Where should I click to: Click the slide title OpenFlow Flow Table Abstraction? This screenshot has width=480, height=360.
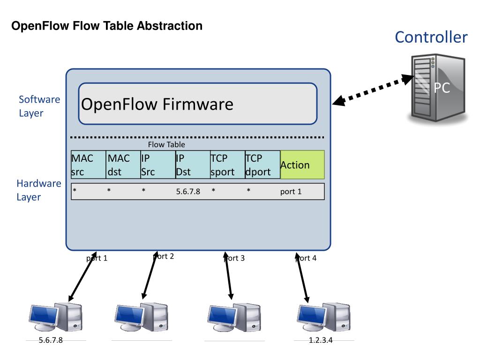[107, 26]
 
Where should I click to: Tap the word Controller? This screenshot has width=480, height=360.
[431, 37]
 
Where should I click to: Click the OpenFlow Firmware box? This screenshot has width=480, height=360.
[197, 104]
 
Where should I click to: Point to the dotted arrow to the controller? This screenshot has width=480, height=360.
[371, 90]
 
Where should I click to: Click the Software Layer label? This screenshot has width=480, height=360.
[39, 106]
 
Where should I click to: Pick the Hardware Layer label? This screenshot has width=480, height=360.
[39, 190]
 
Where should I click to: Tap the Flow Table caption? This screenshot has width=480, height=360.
[166, 145]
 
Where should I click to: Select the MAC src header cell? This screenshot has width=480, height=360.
[88, 165]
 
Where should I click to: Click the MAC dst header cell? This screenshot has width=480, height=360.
[123, 165]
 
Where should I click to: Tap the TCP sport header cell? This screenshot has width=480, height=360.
[227, 165]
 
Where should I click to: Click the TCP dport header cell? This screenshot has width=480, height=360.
[262, 165]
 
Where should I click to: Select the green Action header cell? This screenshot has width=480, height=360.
[302, 165]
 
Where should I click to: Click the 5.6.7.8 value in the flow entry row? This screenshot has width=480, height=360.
[188, 191]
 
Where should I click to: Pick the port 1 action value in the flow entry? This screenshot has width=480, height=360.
[291, 191]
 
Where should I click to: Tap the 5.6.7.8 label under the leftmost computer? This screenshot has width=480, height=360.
[51, 340]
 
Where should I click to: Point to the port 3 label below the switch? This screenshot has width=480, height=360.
[235, 258]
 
